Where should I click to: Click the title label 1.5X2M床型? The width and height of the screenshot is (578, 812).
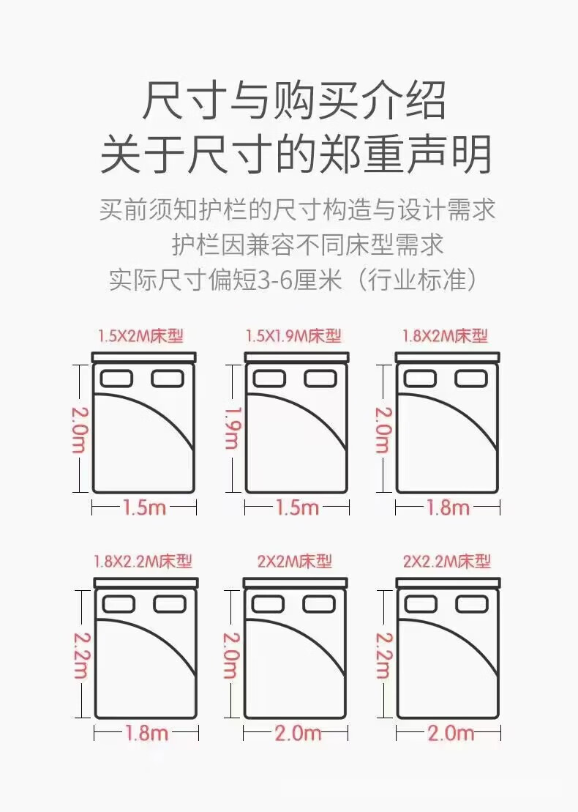click(140, 336)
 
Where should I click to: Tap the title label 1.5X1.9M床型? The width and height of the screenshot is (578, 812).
click(293, 336)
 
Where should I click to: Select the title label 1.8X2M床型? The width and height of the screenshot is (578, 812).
click(445, 336)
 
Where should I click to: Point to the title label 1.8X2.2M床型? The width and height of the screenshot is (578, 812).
click(143, 562)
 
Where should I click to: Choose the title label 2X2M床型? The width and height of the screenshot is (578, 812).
click(294, 562)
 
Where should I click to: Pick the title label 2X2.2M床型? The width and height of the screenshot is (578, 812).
click(446, 562)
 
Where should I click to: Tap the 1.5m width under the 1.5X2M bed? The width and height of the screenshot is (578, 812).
click(144, 507)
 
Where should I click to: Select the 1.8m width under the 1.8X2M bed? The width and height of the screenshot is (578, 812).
click(448, 507)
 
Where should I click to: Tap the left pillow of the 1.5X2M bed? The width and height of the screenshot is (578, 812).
click(116, 379)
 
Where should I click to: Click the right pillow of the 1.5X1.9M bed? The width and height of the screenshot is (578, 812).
click(320, 379)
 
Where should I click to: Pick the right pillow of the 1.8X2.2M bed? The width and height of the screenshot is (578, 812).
click(170, 604)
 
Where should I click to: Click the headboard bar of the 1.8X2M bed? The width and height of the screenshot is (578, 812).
click(448, 357)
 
